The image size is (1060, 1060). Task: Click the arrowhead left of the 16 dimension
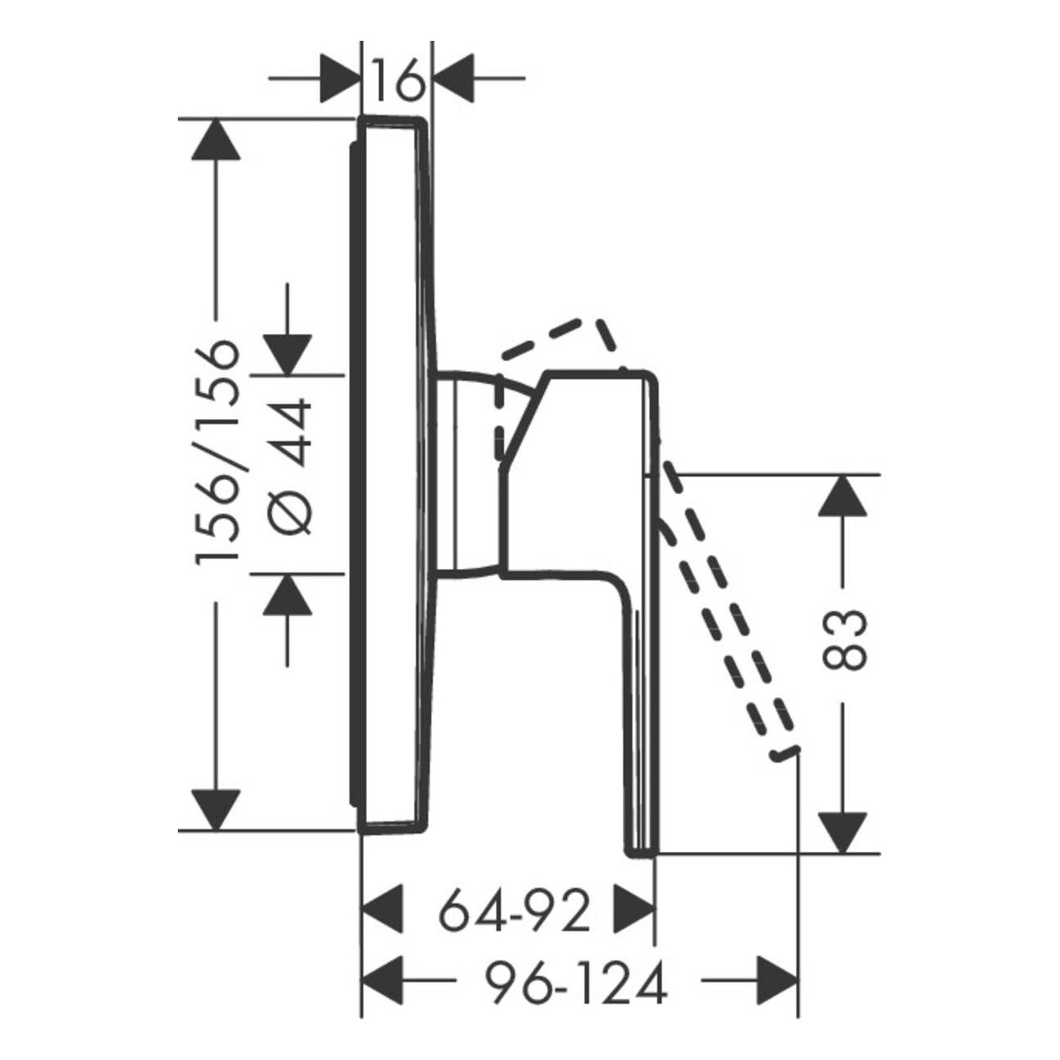click(339, 78)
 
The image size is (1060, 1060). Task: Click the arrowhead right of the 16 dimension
click(454, 78)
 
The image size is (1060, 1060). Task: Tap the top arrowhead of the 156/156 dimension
click(215, 139)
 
